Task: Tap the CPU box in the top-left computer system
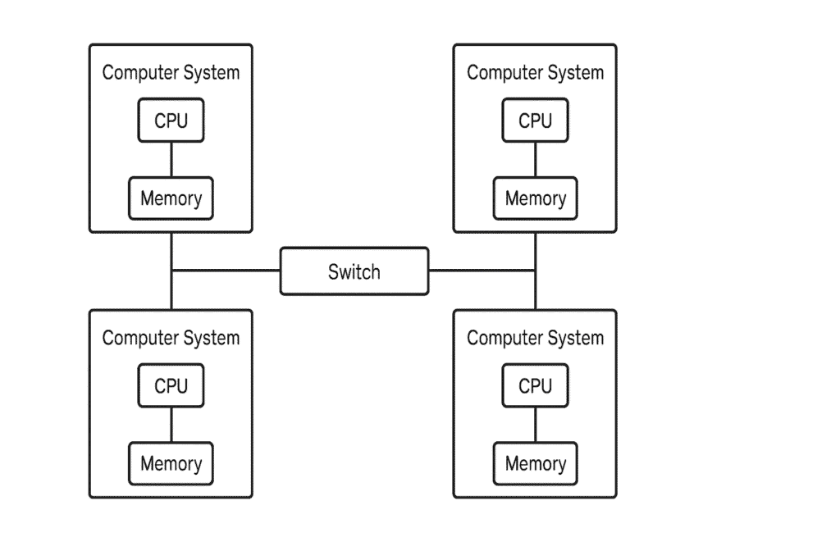point(171,121)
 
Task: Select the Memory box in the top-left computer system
point(171,198)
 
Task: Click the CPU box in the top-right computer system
point(535,121)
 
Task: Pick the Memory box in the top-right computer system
point(535,198)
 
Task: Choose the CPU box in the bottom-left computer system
point(171,385)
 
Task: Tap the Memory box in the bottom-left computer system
point(171,463)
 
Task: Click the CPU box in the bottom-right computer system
point(535,385)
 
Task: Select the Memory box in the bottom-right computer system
point(535,463)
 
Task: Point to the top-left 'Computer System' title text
point(171,73)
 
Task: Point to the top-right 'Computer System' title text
point(535,73)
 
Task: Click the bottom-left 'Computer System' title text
point(171,338)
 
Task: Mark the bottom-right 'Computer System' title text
point(535,338)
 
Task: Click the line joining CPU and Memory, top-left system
point(171,160)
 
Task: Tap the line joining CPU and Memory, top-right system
point(535,160)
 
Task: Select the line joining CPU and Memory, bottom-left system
point(171,425)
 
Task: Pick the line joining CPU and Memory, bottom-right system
point(535,425)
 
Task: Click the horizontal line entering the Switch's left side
point(226,271)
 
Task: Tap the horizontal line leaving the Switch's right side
point(482,271)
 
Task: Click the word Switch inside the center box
point(354,271)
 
